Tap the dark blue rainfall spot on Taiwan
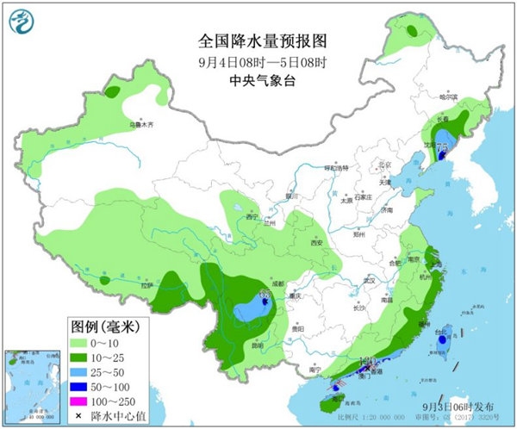click(x=442, y=340)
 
